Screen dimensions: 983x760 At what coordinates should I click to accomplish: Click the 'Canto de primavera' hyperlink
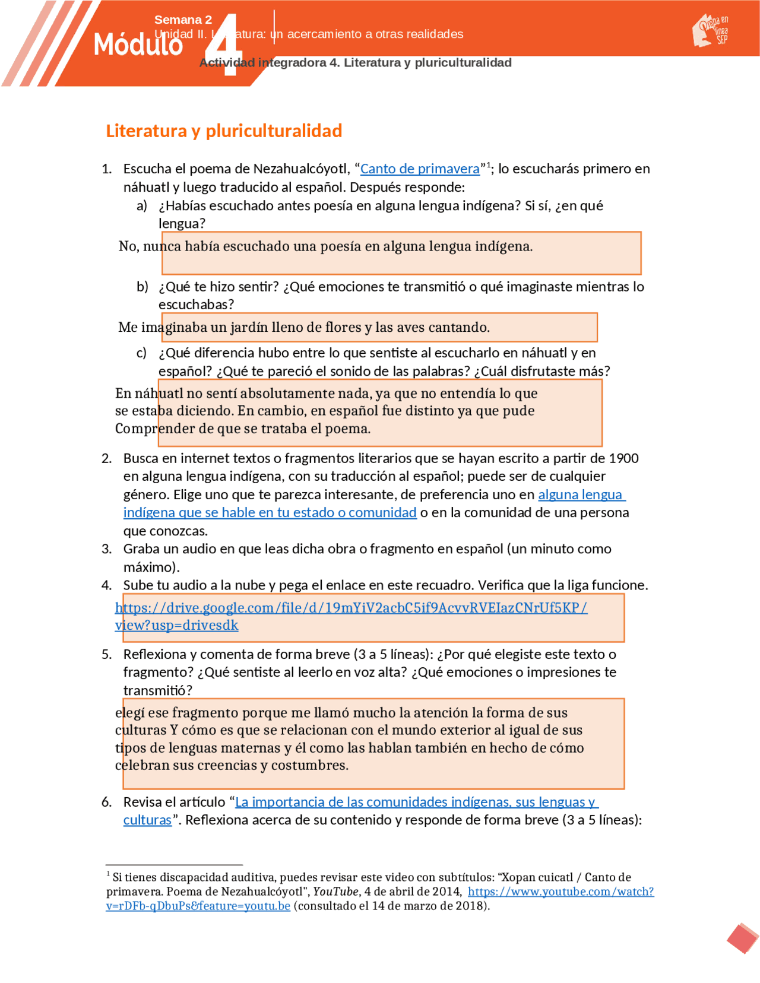point(420,169)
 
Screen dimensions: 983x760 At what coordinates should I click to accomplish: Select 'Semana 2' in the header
point(183,20)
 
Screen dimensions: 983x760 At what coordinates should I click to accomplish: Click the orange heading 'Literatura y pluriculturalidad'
point(224,131)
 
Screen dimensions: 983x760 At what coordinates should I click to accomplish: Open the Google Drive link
point(350,608)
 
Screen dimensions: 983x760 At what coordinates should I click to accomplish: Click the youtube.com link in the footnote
point(560,892)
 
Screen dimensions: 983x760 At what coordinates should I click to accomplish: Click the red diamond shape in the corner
point(742,938)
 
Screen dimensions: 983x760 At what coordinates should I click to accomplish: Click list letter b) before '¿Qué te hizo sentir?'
point(142,287)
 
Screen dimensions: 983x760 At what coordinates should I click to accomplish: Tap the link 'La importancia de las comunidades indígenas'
point(416,802)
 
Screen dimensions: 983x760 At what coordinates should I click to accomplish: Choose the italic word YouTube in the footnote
point(335,892)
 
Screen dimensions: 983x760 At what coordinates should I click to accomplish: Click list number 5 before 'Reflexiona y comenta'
point(106,654)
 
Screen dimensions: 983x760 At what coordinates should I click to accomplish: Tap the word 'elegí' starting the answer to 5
point(129,713)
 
